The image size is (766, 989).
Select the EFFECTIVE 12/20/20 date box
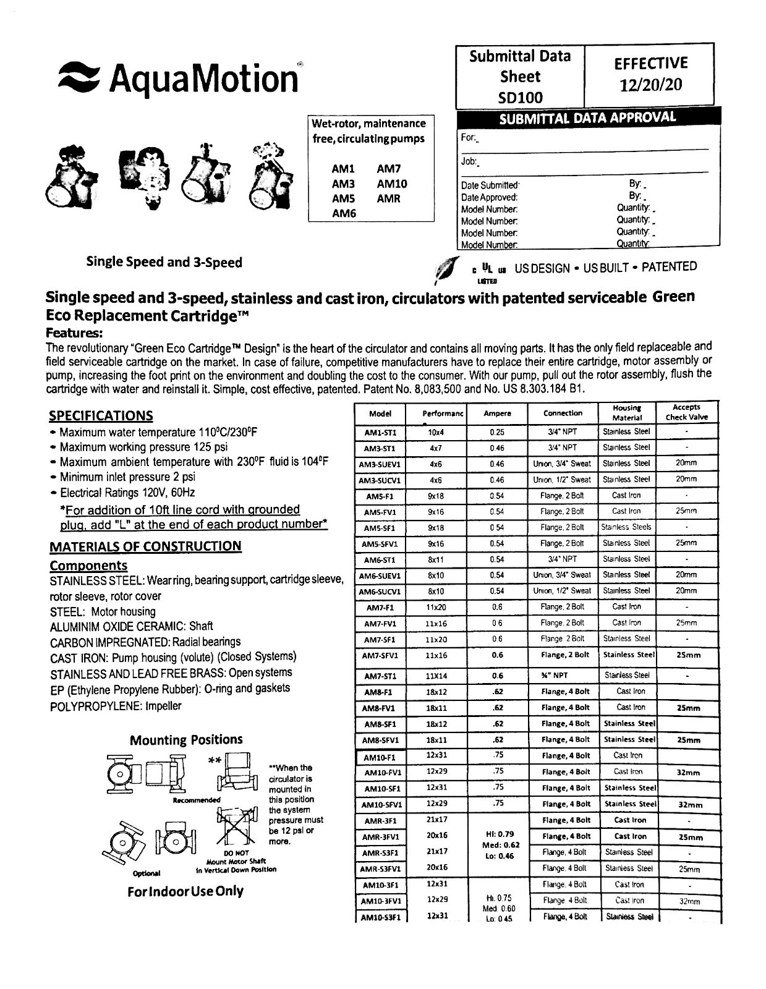(650, 74)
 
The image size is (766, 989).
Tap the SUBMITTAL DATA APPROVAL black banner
(587, 118)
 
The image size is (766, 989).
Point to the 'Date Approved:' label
(489, 197)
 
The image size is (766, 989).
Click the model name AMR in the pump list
(388, 198)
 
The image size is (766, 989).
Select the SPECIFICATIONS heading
(101, 415)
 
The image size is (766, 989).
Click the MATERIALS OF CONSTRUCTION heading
(145, 546)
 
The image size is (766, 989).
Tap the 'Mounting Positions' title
(186, 740)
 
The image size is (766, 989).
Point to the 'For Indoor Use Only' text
(185, 891)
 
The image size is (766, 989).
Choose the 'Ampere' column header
(497, 414)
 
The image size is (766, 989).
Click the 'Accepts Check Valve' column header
(686, 412)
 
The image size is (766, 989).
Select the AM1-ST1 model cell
(380, 433)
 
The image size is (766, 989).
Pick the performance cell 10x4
(436, 433)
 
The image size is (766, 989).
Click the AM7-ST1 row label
(380, 676)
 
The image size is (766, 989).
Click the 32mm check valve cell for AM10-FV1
(689, 773)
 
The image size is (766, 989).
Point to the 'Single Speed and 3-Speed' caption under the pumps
(164, 262)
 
